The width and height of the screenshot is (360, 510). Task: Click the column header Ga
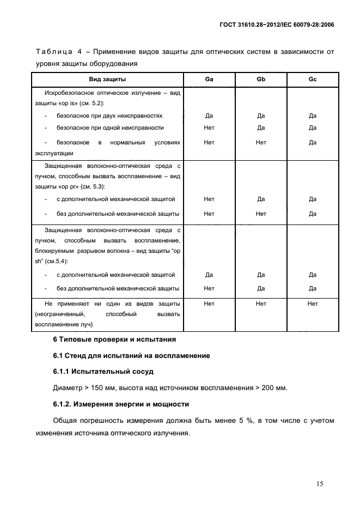[x=209, y=80]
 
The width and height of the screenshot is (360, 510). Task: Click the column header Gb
[x=261, y=80]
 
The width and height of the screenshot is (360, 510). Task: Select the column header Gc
[x=312, y=80]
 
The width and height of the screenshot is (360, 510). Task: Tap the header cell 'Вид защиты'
[x=107, y=80]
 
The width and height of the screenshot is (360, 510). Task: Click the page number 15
[x=320, y=483]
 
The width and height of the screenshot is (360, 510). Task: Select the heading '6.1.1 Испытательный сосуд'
[x=103, y=372]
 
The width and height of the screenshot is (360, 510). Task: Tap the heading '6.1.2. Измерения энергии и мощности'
[x=121, y=404]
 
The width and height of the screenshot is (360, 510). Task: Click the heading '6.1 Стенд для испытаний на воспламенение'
[x=131, y=356]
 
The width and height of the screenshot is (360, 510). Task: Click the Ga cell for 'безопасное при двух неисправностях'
[x=209, y=116]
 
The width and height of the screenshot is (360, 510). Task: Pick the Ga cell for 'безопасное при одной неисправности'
[x=209, y=128]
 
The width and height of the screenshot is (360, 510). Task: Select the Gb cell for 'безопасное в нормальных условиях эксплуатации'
[x=261, y=142]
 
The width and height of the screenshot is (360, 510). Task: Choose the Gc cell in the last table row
[x=312, y=303]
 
